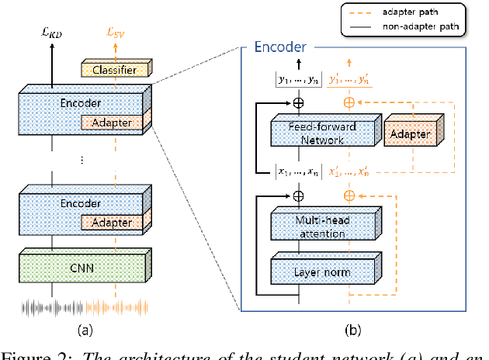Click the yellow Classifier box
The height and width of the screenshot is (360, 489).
pyautogui.click(x=115, y=70)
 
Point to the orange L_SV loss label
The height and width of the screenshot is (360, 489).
pyautogui.click(x=114, y=31)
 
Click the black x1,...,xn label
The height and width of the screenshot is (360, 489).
pyautogui.click(x=299, y=173)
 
